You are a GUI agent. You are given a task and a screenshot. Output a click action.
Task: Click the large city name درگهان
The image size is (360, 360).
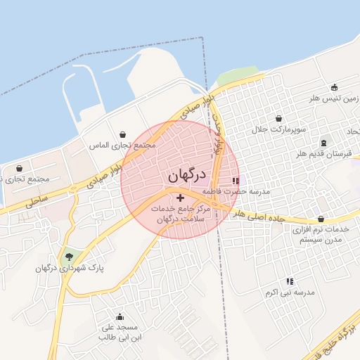pos(186,174)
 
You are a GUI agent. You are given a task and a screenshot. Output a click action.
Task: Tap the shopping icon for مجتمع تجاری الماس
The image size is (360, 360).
pos(123,134)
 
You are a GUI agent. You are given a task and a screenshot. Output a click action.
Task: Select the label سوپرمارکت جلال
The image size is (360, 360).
pos(279,130)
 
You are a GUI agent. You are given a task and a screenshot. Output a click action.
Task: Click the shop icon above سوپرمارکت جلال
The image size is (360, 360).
pos(279,119)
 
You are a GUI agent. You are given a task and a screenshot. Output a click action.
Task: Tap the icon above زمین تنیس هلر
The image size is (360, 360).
pos(334,88)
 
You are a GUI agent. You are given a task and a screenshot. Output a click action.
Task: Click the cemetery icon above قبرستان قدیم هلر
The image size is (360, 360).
pos(323,143)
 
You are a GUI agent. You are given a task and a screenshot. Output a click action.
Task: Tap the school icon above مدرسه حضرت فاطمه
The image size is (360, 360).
pos(236,181)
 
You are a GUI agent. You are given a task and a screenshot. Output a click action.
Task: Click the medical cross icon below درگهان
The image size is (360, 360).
pos(180,198)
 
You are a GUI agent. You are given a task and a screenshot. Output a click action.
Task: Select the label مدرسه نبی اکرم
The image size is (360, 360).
pos(290,292)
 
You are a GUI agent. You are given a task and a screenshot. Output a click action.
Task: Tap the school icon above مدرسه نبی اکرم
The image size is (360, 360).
pos(289,281)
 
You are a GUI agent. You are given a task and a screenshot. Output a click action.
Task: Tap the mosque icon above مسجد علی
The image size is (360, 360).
pos(120,317)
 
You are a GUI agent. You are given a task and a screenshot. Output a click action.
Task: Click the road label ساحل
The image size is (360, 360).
pos(35,201)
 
